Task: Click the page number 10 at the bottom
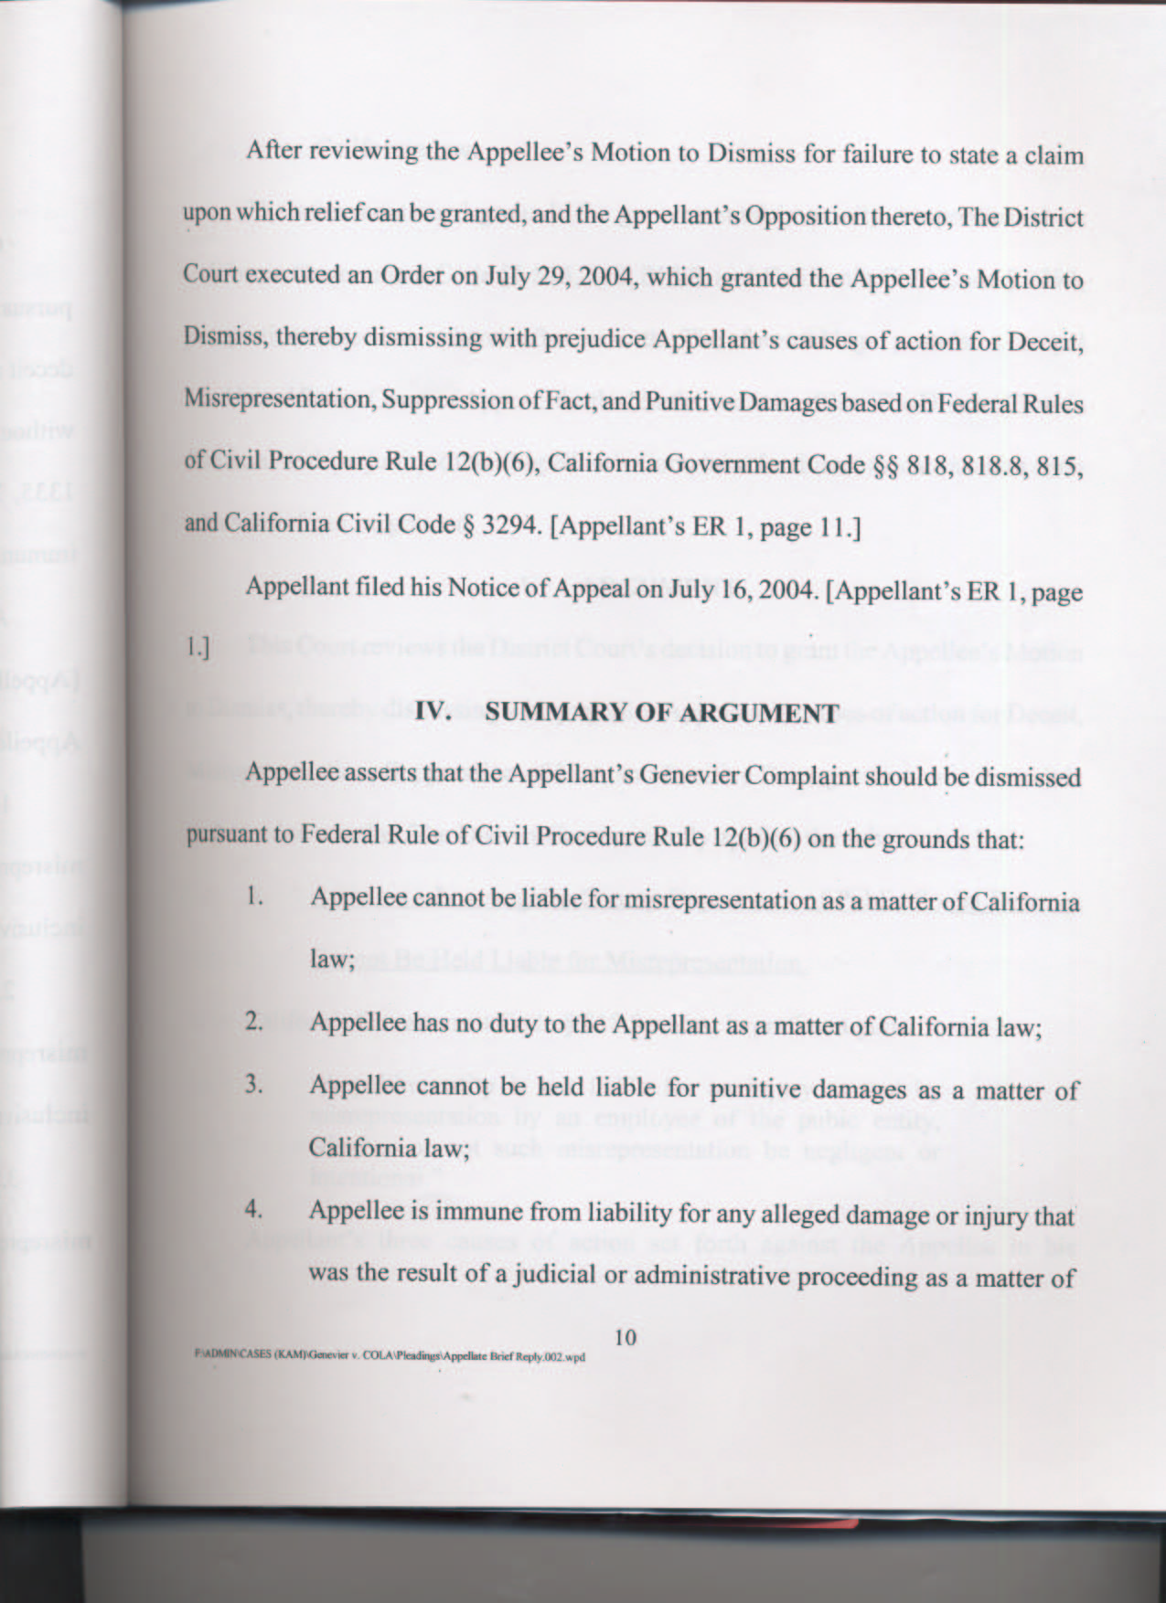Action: [626, 1337]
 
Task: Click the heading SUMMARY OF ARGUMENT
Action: [660, 713]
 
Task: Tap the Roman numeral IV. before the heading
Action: [435, 712]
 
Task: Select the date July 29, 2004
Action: [551, 277]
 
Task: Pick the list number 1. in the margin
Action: [255, 898]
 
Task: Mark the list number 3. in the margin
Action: [255, 1086]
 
